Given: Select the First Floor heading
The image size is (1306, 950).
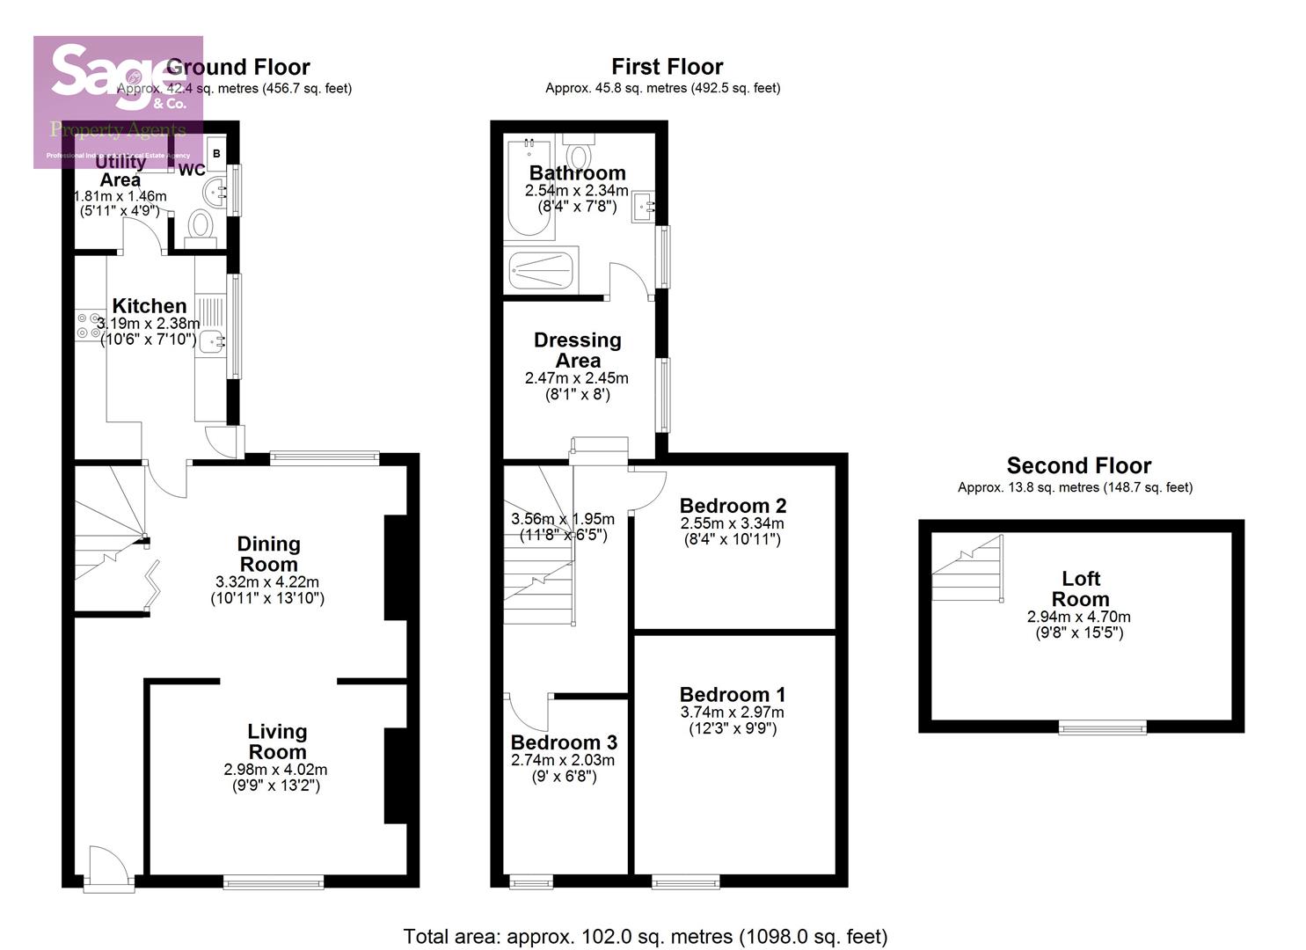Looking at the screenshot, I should coord(667,67).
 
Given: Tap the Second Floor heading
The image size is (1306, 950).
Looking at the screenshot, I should coord(1078,465).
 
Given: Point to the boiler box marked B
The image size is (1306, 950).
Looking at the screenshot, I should coord(216,154).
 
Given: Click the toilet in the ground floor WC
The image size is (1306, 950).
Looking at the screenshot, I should coord(201,226).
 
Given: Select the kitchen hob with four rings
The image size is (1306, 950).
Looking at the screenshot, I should coord(89,325).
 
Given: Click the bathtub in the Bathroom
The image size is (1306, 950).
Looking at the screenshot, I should coord(528,189).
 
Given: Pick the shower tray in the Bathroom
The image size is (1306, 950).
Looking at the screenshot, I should coord(542,271).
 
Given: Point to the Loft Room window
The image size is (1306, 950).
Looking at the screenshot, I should coord(1102,727).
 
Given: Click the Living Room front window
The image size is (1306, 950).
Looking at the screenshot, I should coord(274,881).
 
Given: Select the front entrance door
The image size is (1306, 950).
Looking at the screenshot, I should coord(108,870).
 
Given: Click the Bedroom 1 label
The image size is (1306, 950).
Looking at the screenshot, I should coord(732,695).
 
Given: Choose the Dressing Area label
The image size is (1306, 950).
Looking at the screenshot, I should coord(577,350).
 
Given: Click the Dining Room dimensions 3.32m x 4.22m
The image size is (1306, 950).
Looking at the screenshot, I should coord(267,582).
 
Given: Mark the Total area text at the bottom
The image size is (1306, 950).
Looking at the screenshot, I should coord(645,937).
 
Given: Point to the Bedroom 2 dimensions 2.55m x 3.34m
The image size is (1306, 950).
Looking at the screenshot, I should coord(732,523).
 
